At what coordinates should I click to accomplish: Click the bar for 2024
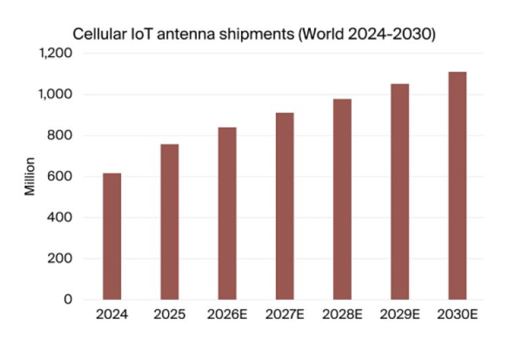point(112,236)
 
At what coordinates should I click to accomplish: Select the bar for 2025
point(170,222)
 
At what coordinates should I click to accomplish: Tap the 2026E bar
point(227,213)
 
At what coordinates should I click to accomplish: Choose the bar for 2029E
point(400,192)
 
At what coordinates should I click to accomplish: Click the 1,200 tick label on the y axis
point(56,53)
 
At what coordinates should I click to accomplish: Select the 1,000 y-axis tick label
point(55,94)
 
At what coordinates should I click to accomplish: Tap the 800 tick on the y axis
point(59,135)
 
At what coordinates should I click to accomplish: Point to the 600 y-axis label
point(59,176)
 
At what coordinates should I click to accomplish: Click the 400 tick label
point(59,217)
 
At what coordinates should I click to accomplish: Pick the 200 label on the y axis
point(59,258)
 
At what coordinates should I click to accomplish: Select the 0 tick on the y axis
point(68,299)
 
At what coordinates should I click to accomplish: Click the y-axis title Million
point(30,176)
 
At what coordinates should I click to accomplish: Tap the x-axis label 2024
point(112,314)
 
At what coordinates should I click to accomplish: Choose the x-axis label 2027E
point(285,314)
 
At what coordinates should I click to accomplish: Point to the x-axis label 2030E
point(457,314)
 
